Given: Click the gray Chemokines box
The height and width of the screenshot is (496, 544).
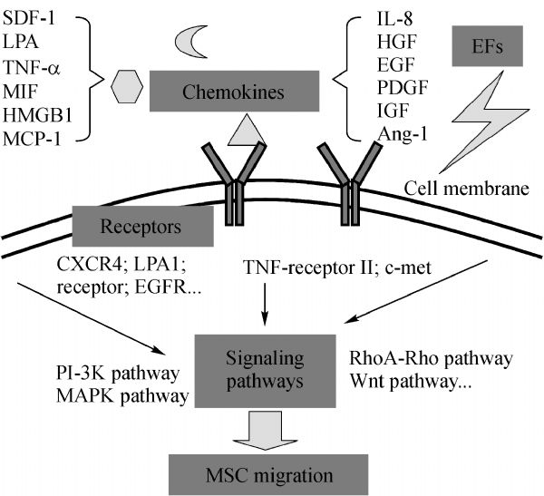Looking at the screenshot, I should pos(234,91).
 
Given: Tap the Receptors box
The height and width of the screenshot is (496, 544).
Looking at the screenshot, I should pos(144,225).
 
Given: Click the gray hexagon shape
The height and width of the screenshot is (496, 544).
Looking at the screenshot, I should pos(127,88).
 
